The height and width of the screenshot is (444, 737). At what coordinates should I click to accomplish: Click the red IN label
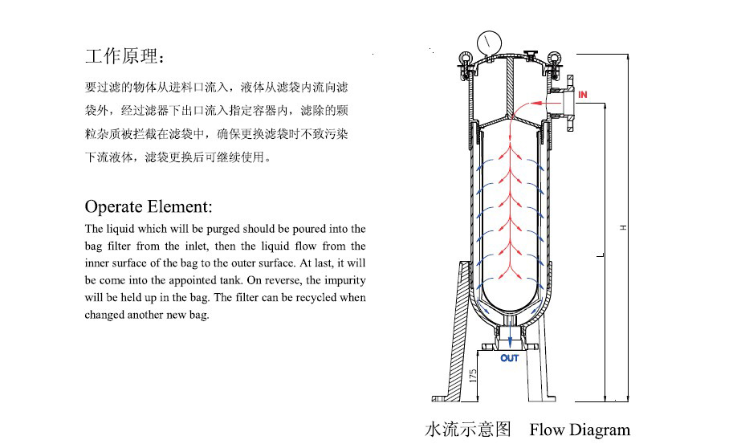[x=583, y=96]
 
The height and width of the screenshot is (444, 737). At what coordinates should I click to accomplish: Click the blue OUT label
[x=510, y=358]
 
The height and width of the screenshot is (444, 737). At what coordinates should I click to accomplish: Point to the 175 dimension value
[x=474, y=374]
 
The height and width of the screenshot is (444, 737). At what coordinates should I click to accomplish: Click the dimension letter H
[x=622, y=228]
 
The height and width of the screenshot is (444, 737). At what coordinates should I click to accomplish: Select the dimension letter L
[x=600, y=255]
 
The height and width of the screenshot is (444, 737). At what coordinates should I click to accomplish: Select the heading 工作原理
[x=127, y=57]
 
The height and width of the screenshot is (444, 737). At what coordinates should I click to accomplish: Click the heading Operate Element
[x=149, y=206]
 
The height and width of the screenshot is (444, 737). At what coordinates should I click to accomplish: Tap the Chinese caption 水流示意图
[x=468, y=430]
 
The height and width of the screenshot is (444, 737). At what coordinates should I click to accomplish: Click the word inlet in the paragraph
[x=200, y=246]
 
